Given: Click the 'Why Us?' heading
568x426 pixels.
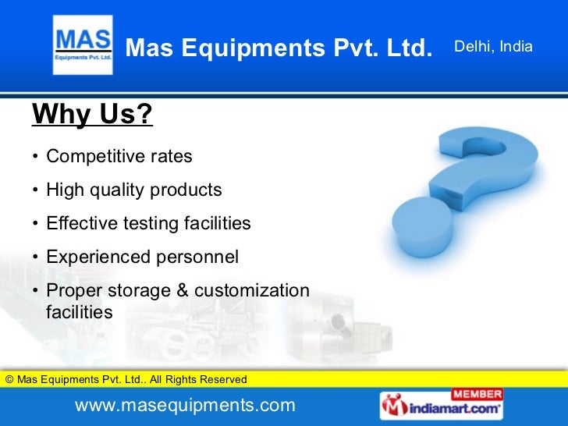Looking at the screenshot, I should coord(91,115).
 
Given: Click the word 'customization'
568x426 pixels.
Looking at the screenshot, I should coord(251,291).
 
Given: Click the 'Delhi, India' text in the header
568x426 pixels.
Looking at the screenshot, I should coord(493,48).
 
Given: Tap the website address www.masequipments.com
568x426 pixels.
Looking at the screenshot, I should coord(185,406).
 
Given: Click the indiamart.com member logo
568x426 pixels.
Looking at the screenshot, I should coord(442,405).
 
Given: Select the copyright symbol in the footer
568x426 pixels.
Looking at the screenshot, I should coord(9,380).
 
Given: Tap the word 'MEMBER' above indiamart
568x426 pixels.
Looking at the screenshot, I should coord(477,393).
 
